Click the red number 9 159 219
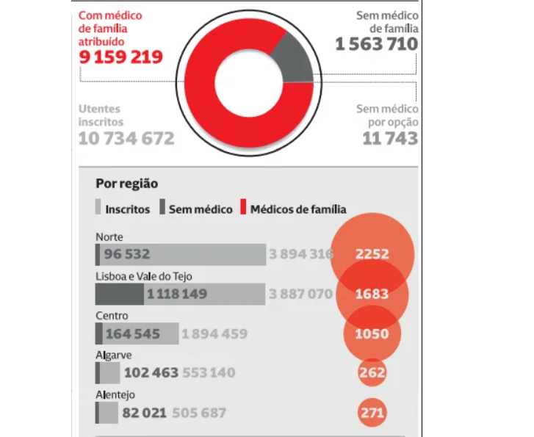click(x=120, y=57)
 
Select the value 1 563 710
click(x=376, y=44)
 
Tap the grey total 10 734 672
click(x=126, y=138)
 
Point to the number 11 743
click(x=389, y=138)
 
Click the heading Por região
click(x=126, y=184)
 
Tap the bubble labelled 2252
click(x=372, y=254)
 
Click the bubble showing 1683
click(x=372, y=294)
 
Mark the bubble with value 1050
click(x=372, y=333)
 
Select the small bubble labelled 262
click(x=372, y=372)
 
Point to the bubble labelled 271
click(x=372, y=413)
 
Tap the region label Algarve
click(x=112, y=355)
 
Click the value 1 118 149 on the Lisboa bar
click(x=176, y=295)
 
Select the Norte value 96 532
click(x=127, y=255)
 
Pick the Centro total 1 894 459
click(x=214, y=334)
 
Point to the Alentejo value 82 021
click(x=144, y=413)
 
